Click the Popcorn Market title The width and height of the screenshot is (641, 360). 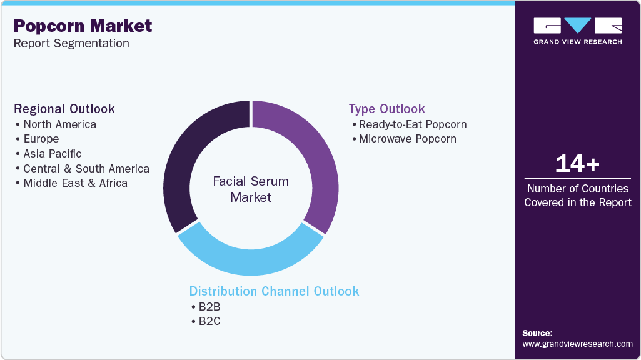coord(83,26)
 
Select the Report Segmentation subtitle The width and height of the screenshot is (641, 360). coord(71,43)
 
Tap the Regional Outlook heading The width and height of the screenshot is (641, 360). coord(64,109)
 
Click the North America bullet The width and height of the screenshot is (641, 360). coord(59,124)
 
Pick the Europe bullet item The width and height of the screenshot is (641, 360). coord(41,139)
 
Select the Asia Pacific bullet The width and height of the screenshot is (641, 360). coord(52,154)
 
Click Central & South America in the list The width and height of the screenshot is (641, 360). coord(86,169)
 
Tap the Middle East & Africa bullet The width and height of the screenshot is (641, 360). coord(75,183)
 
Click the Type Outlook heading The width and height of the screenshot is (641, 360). coord(386,109)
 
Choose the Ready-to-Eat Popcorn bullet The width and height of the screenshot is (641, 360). coord(412,124)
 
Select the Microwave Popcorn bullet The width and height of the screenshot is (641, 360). coord(407,139)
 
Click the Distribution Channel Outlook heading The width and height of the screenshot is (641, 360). coord(274,291)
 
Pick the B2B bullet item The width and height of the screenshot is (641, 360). coord(209,307)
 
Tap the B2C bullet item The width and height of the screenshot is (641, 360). coord(209,321)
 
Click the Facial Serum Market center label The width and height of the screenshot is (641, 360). coord(251,189)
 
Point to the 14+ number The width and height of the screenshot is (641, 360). coord(577,164)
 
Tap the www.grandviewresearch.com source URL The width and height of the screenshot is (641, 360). coord(577,344)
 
